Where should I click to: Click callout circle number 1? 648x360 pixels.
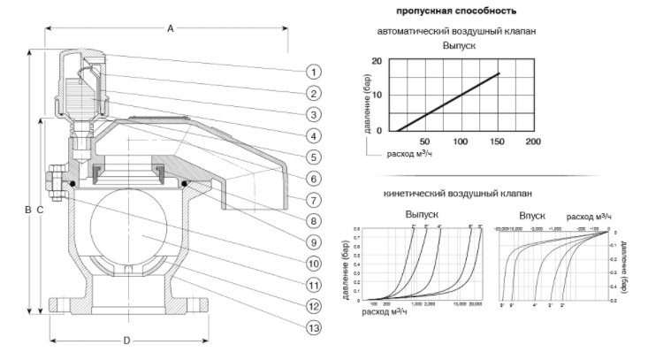pyautogui.click(x=316, y=71)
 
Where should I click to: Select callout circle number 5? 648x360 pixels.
pyautogui.click(x=316, y=157)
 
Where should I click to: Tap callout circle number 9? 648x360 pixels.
pyautogui.click(x=316, y=241)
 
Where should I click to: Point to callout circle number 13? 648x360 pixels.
pyautogui.click(x=316, y=327)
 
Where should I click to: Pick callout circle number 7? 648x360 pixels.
pyautogui.click(x=316, y=200)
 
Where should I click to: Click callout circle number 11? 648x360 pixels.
pyautogui.click(x=316, y=284)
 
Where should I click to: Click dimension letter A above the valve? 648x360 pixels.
pyautogui.click(x=170, y=28)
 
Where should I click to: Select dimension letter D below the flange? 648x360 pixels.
pyautogui.click(x=126, y=340)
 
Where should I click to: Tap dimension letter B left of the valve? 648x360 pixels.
pyautogui.click(x=27, y=210)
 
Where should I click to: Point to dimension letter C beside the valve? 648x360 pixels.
pyautogui.click(x=41, y=210)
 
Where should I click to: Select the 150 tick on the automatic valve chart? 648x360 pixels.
pyautogui.click(x=497, y=142)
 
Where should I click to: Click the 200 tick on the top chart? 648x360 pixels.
pyautogui.click(x=533, y=142)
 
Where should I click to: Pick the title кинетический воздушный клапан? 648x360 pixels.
pyautogui.click(x=456, y=193)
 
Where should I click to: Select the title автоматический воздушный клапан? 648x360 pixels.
pyautogui.click(x=456, y=31)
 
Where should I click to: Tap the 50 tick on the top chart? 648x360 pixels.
pyautogui.click(x=423, y=142)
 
